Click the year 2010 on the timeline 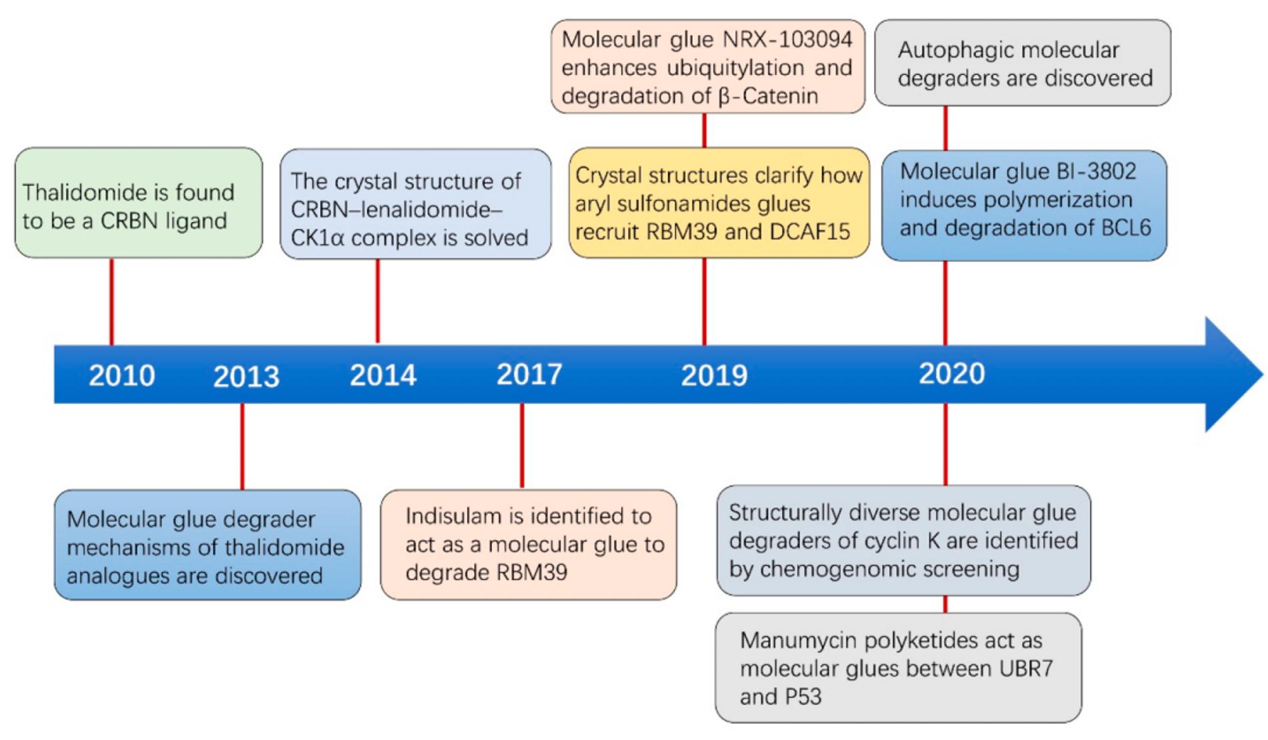[x=122, y=375]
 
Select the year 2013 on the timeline [x=246, y=377]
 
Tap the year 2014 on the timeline [x=383, y=375]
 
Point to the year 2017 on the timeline [x=529, y=375]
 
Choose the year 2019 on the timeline [x=714, y=376]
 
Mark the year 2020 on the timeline [x=951, y=373]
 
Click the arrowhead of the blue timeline [x=1234, y=374]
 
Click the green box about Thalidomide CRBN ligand [x=139, y=203]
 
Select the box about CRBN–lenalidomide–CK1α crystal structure [x=415, y=204]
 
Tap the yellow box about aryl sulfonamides [x=719, y=203]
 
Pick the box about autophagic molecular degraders [x=1023, y=63]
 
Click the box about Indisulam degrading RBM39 [x=529, y=545]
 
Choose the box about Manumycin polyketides [x=899, y=668]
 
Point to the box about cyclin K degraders [x=904, y=541]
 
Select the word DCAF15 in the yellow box [x=810, y=231]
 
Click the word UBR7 [x=1026, y=668]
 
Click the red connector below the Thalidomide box [x=111, y=301]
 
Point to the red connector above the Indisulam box [x=522, y=445]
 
